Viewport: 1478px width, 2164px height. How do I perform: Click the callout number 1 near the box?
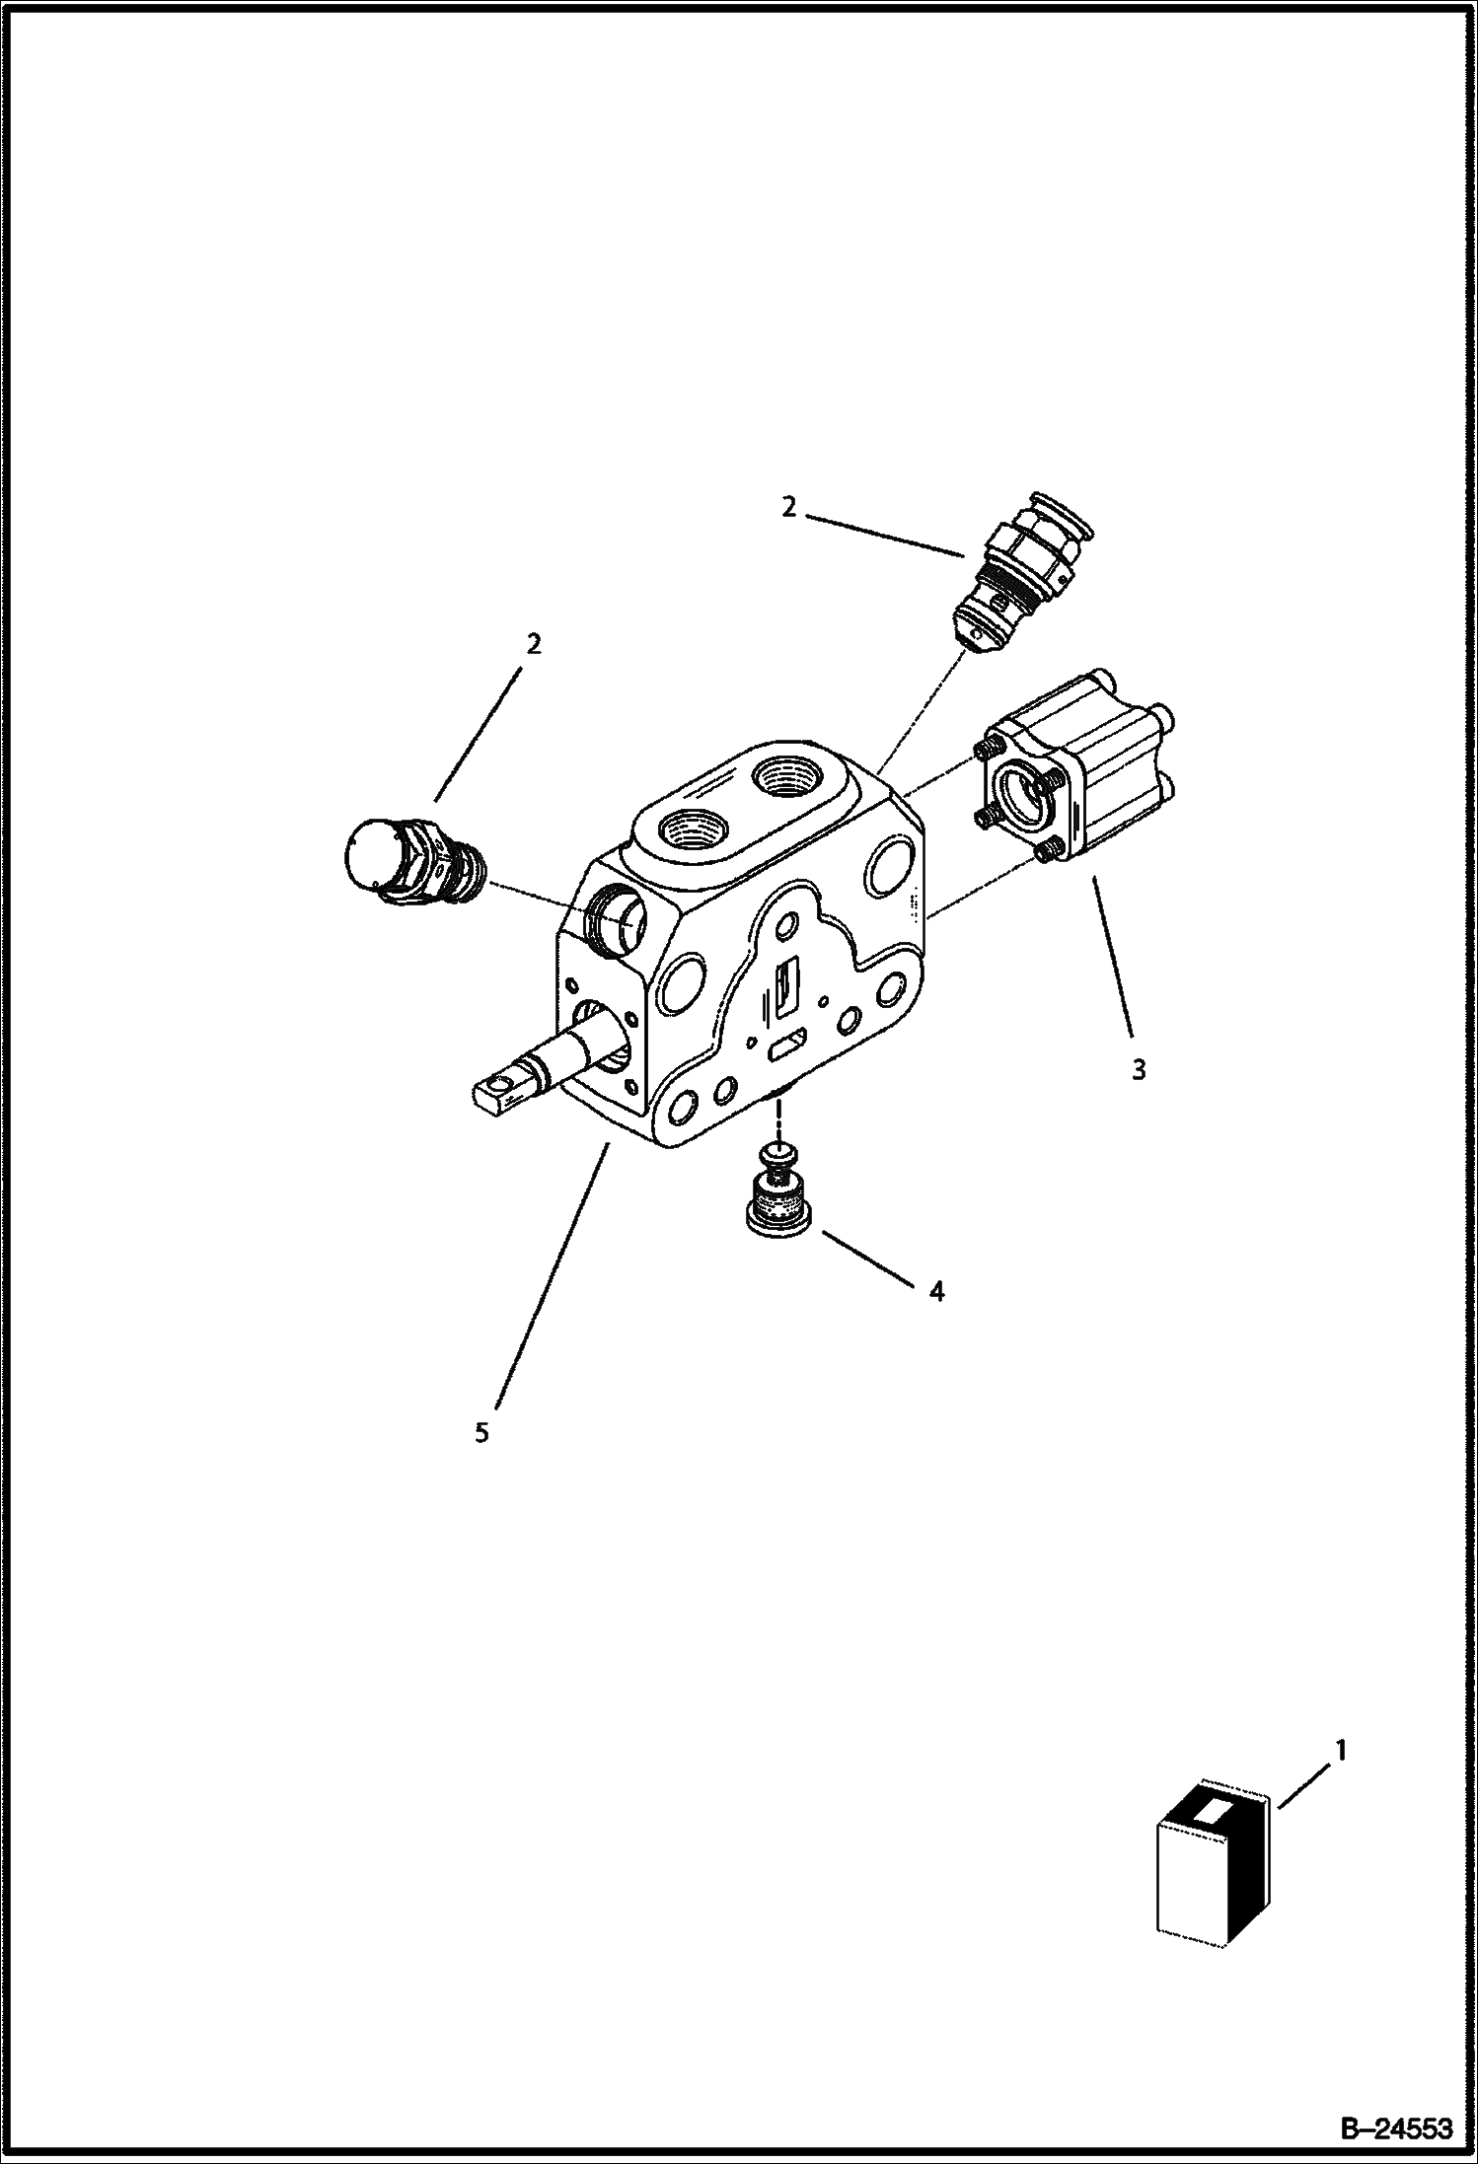point(1340,1749)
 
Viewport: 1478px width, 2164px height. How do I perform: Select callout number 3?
point(1139,1069)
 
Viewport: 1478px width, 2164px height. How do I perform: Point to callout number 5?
point(481,1432)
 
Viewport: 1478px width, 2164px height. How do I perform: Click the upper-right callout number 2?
point(788,507)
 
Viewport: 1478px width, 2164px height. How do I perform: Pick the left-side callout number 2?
point(534,644)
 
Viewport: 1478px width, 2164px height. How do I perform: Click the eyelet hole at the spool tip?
point(507,1088)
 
